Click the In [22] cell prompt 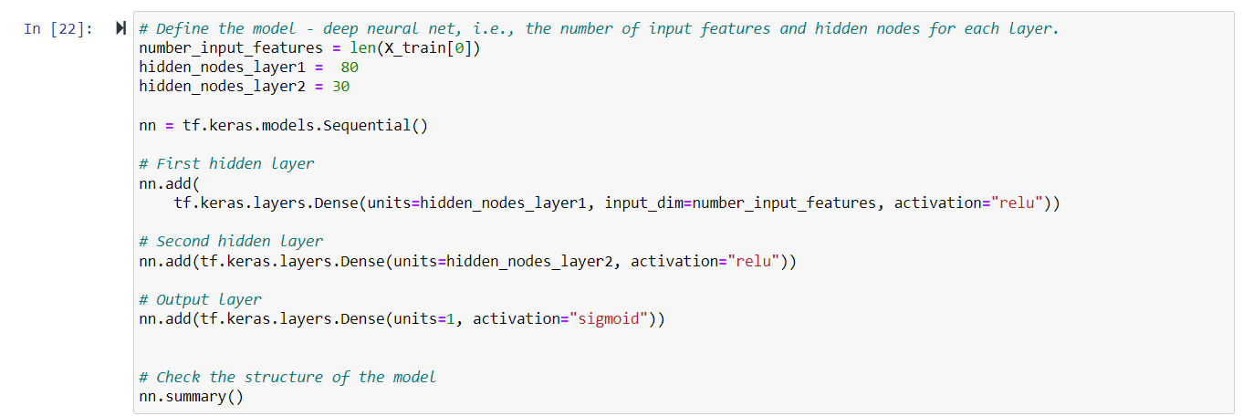tap(57, 29)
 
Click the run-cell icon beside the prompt tap(120, 29)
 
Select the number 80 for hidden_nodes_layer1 tap(349, 68)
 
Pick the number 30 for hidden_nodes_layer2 tap(340, 87)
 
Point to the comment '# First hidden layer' tap(226, 164)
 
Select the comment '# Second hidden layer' tap(231, 242)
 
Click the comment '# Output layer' tap(200, 299)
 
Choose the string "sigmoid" tap(612, 318)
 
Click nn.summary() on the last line tap(192, 397)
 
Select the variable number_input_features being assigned tap(231, 48)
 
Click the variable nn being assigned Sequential tap(148, 125)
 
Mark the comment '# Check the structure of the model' tap(287, 377)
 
